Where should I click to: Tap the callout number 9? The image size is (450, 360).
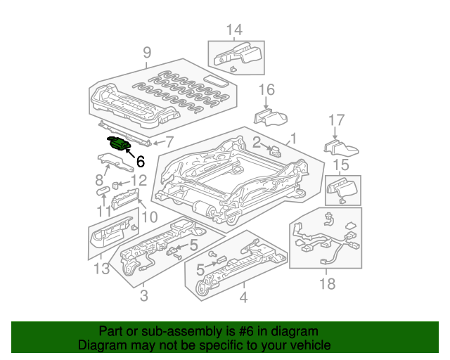coord(147,52)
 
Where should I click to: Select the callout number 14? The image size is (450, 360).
coord(233,30)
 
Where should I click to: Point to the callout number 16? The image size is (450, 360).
coord(266,89)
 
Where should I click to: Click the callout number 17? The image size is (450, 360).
coord(337,120)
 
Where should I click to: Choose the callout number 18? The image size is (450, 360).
coord(327,283)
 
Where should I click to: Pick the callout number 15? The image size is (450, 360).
coord(340,165)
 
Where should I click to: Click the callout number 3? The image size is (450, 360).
coord(143,297)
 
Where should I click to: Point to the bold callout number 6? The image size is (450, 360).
coord(140,161)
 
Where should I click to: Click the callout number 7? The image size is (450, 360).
coord(168,141)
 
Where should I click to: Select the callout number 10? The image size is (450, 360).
coord(149,217)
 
